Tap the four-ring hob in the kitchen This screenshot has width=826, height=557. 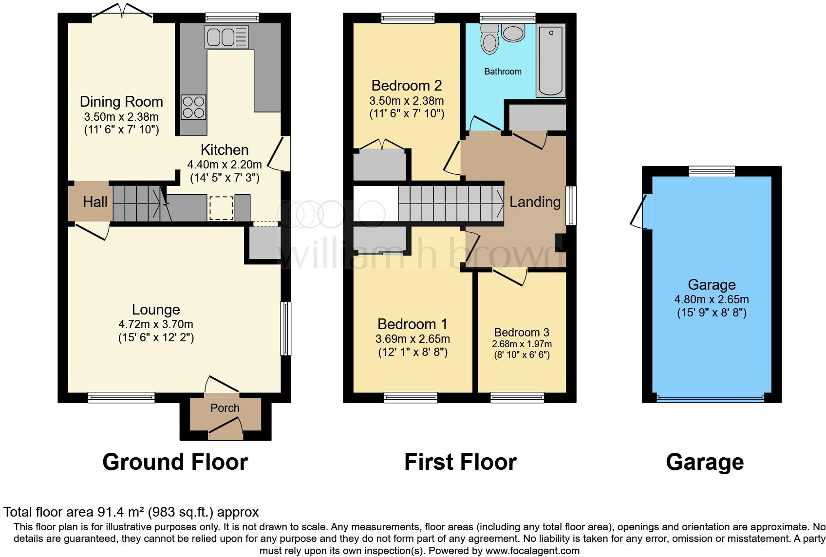tap(193, 107)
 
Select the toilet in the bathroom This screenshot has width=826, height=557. tap(489, 39)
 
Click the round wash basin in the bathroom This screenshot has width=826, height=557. tap(513, 33)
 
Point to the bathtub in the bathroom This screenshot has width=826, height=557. tap(551, 60)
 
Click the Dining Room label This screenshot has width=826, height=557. tap(121, 102)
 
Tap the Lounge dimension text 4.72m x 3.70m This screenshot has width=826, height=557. tap(156, 324)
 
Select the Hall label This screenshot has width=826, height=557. tap(95, 202)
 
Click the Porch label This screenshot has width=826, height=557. tap(225, 408)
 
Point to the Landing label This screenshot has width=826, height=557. tap(535, 202)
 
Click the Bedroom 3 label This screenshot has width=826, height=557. tap(522, 333)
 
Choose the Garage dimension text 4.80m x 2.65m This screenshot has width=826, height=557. tap(712, 300)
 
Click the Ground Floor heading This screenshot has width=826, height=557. tap(175, 462)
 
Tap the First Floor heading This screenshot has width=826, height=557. tap(460, 462)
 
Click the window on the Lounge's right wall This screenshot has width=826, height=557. tap(286, 329)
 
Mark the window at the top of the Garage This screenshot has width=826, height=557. tap(712, 171)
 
